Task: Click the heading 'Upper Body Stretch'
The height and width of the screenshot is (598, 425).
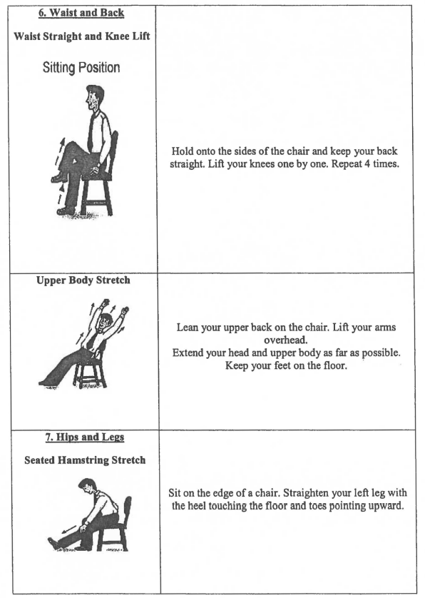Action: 83,280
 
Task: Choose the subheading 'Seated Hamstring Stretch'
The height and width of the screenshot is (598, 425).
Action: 84,460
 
